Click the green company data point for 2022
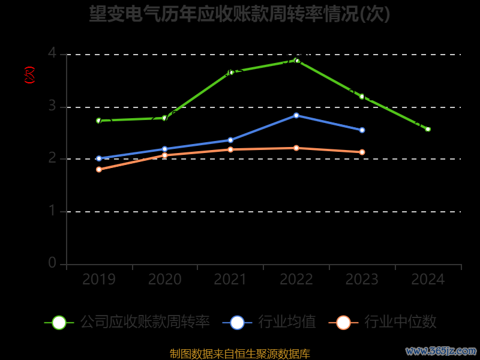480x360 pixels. (296, 60)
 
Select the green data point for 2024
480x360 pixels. (428, 129)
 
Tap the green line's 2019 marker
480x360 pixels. (99, 121)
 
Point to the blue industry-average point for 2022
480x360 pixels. (296, 115)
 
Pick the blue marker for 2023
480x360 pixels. (362, 130)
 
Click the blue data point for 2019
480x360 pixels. (99, 158)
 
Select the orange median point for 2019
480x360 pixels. (99, 169)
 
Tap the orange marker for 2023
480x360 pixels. (362, 152)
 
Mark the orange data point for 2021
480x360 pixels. (230, 149)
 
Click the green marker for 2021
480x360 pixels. (231, 72)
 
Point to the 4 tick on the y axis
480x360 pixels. (52, 54)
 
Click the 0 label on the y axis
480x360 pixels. (52, 263)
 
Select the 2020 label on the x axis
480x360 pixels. (165, 280)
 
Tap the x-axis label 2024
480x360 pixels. (428, 280)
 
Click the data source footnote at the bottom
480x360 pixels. (240, 353)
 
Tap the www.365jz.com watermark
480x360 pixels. (441, 350)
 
